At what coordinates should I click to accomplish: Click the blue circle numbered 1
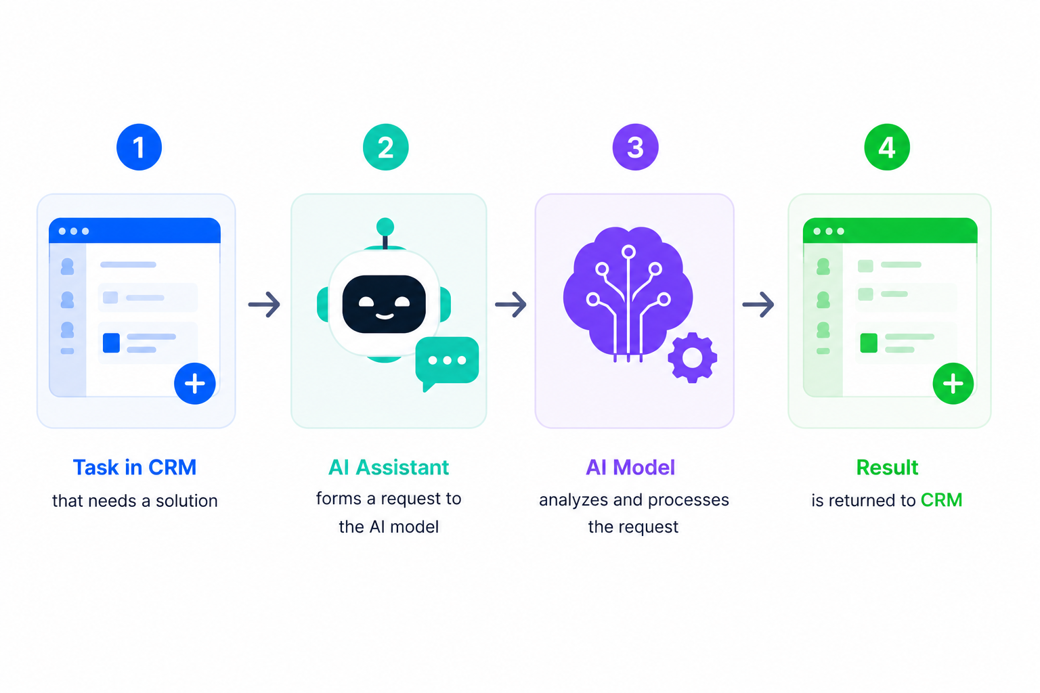point(139,147)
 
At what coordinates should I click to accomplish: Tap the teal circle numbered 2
point(385,147)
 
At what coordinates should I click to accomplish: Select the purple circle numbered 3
point(635,147)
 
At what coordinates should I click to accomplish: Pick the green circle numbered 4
point(887,147)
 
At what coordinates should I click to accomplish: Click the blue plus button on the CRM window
point(195,384)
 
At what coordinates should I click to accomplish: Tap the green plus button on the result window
point(953,384)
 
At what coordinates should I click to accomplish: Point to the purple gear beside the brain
point(692,357)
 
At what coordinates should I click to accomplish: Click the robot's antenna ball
point(385,227)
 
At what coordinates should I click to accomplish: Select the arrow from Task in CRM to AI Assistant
point(264,305)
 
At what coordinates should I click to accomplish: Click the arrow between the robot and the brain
point(511,305)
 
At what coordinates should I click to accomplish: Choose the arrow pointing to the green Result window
point(758,305)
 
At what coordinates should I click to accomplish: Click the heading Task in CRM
point(135,467)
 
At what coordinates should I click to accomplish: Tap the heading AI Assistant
point(389,467)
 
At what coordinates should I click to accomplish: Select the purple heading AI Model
point(630,467)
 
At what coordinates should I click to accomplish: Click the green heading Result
point(887,467)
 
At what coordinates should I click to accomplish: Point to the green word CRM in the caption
point(942,500)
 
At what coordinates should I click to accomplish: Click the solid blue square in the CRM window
point(112,343)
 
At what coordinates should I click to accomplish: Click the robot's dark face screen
point(384,304)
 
